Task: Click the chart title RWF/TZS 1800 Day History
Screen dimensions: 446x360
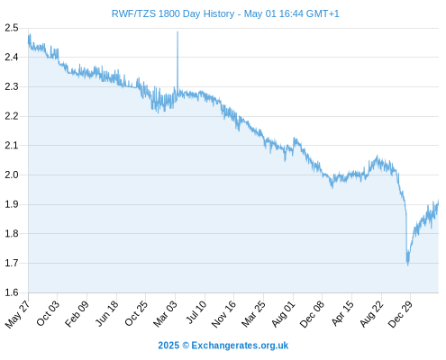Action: click(173, 13)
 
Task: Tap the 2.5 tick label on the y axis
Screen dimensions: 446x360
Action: click(12, 28)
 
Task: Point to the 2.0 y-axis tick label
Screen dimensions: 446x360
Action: click(12, 175)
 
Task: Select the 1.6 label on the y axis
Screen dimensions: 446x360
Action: click(12, 292)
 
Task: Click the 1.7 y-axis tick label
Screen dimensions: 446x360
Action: click(12, 263)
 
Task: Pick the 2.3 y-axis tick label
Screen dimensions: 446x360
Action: click(12, 86)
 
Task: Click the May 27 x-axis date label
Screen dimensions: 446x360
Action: click(17, 314)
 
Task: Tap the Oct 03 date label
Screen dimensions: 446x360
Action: click(48, 313)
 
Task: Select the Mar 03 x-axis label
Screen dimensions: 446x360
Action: click(165, 314)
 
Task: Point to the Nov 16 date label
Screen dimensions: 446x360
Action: click(223, 314)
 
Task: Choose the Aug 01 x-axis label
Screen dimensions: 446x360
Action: click(283, 314)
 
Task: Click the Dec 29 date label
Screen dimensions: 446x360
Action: click(400, 314)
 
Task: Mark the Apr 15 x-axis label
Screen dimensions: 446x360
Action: click(342, 313)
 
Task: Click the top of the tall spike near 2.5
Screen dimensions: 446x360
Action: click(177, 31)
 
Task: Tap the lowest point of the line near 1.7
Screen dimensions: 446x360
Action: click(408, 265)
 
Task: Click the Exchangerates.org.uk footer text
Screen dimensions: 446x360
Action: click(240, 346)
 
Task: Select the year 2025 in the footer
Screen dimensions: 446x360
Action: click(168, 346)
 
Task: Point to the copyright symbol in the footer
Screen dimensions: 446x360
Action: click(186, 346)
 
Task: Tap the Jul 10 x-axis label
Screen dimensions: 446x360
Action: click(196, 312)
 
